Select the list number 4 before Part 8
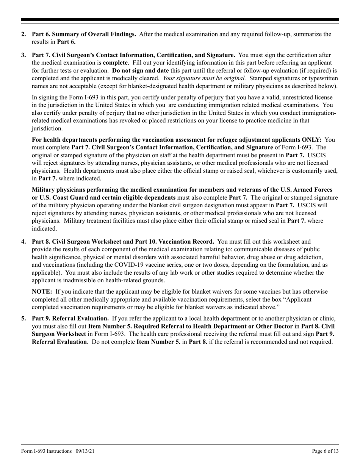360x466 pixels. [x=23, y=241]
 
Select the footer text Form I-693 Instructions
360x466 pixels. [x=46, y=451]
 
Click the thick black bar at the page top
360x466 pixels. [x=180, y=20]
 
